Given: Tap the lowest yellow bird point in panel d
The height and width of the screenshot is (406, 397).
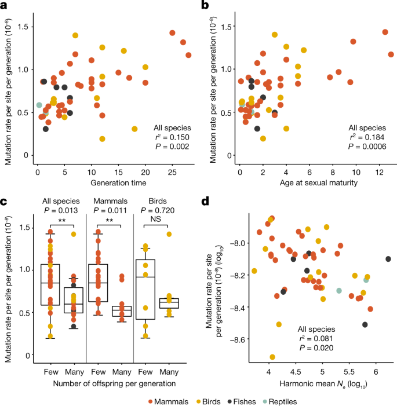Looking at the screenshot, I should [272, 357].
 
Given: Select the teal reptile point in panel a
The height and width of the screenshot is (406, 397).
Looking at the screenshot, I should [39, 105].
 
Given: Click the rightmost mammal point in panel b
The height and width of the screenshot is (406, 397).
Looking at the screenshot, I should [391, 54].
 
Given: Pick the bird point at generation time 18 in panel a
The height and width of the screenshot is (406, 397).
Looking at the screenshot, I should [134, 129].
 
